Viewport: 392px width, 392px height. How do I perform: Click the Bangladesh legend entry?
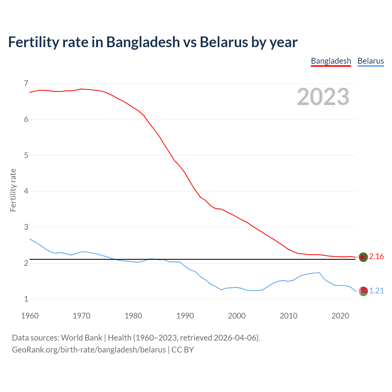tap(331, 61)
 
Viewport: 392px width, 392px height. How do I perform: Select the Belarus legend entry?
tap(371, 61)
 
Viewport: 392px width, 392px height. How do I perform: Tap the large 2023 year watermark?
tap(323, 97)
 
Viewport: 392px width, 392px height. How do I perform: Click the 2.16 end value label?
tap(376, 257)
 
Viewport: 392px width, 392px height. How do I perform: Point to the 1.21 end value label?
tap(376, 291)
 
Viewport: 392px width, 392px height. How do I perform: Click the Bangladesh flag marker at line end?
tap(363, 257)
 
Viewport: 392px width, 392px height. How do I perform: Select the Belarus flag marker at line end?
tap(363, 291)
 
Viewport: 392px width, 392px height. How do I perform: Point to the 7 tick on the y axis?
tap(26, 83)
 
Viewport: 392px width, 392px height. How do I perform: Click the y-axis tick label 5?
tap(26, 155)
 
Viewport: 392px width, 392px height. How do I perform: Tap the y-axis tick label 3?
tap(26, 227)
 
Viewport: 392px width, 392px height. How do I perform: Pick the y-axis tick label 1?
tap(26, 299)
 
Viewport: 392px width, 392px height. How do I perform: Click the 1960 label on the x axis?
tap(30, 316)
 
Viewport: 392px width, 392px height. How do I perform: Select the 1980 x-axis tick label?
tap(133, 316)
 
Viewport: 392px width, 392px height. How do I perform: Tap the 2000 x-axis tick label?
tap(237, 316)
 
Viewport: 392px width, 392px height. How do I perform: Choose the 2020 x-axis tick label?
tap(340, 316)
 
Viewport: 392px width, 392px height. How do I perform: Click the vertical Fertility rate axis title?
tap(13, 190)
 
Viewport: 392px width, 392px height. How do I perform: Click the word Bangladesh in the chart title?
tap(143, 42)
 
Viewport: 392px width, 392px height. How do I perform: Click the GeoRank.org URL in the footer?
tap(89, 350)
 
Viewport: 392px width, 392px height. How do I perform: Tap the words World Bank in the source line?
tap(81, 338)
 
